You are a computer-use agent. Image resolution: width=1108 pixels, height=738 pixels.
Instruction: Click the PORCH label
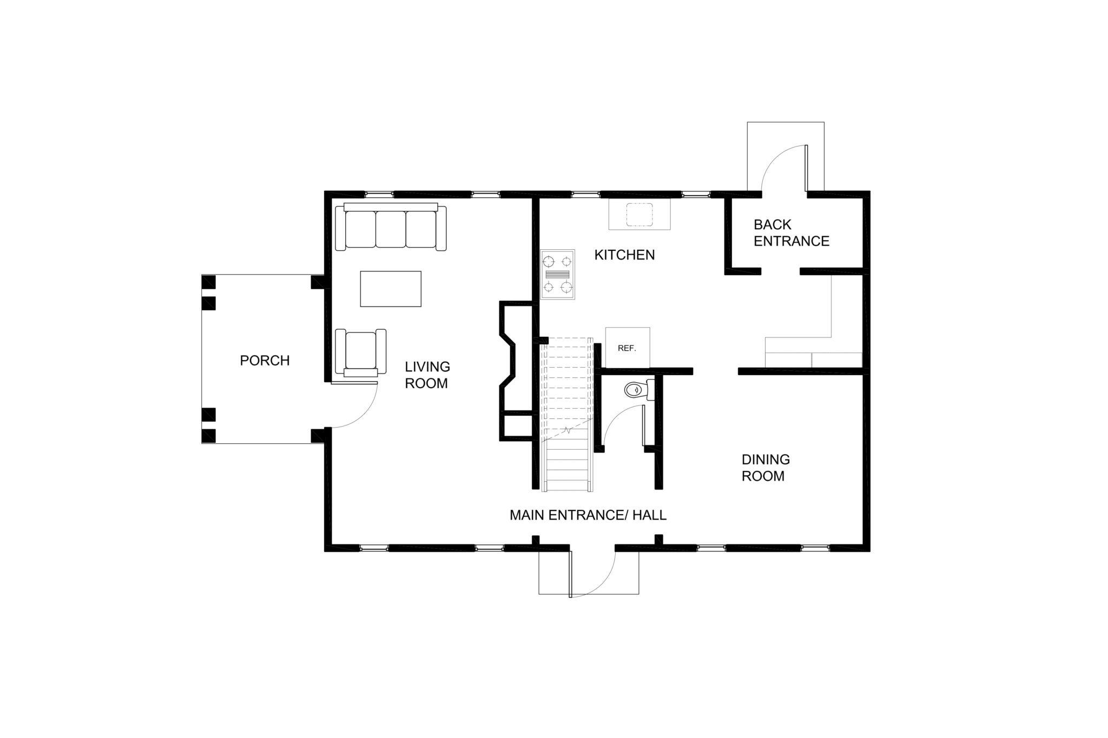point(265,361)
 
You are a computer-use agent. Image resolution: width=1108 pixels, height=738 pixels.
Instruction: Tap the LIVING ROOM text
point(427,375)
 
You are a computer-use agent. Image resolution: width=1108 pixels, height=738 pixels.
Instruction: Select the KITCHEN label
point(624,255)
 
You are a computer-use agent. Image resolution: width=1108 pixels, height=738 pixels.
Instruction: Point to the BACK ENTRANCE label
point(791,233)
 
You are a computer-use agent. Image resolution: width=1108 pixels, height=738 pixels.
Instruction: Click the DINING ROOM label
point(766,468)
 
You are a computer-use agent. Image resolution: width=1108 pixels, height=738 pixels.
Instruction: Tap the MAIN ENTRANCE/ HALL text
point(588,515)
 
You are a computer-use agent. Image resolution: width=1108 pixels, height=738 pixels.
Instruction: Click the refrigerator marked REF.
point(628,348)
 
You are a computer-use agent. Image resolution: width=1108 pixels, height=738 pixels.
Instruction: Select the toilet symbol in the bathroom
point(639,389)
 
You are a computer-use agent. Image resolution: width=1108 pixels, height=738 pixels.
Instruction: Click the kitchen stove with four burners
point(558,274)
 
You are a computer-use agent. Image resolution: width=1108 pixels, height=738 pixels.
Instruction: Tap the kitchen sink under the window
point(639,214)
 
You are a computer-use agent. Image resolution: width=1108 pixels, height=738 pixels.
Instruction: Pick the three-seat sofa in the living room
point(391,227)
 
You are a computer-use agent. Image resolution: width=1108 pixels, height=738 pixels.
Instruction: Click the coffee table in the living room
point(391,289)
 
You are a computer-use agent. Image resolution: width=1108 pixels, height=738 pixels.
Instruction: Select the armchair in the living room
point(361,352)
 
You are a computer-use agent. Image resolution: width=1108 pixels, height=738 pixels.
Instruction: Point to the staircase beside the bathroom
point(567,414)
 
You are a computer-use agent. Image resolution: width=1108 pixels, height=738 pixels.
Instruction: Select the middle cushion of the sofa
point(391,230)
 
